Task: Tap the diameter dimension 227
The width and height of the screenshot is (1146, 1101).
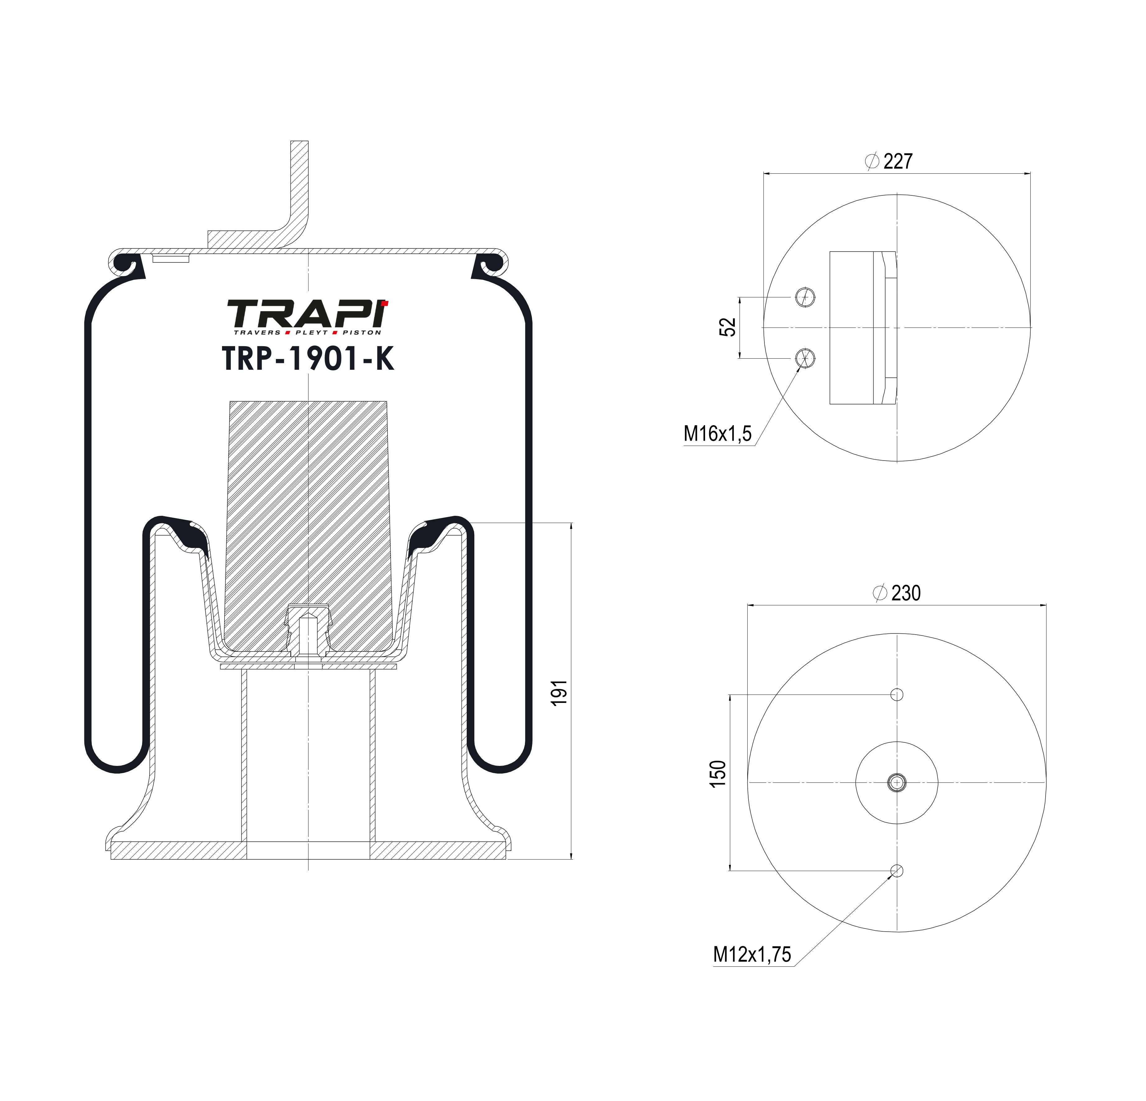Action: (x=898, y=161)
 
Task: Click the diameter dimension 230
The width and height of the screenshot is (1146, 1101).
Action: (x=906, y=593)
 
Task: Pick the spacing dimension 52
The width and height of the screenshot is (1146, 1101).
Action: (x=727, y=327)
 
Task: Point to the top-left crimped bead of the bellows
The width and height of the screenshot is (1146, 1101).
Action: (x=126, y=264)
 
